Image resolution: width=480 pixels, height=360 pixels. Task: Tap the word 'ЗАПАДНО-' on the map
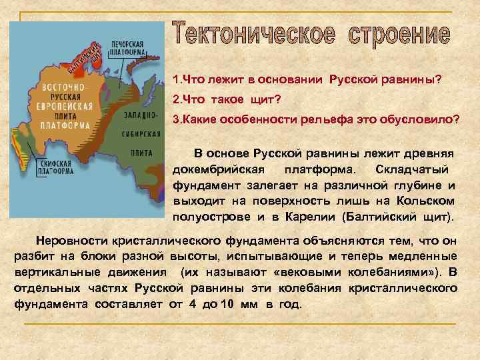140,115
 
